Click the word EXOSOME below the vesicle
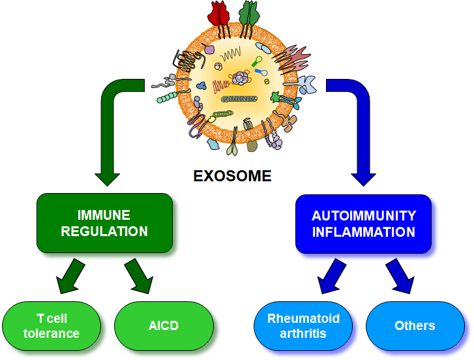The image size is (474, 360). pos(232,176)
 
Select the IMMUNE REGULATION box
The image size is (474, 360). pos(104,223)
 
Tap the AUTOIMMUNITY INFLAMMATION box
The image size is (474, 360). pos(363,223)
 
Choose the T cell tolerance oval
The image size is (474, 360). pos(52,326)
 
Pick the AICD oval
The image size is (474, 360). pos(164,326)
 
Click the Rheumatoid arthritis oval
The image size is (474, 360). pos(303,326)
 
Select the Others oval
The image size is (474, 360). pos(415,326)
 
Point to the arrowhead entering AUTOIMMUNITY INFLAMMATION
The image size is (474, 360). pos(363,176)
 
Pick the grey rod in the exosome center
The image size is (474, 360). pos(241,99)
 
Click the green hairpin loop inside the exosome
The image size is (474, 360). pos(257,63)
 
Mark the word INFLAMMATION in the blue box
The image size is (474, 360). pos(363,232)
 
